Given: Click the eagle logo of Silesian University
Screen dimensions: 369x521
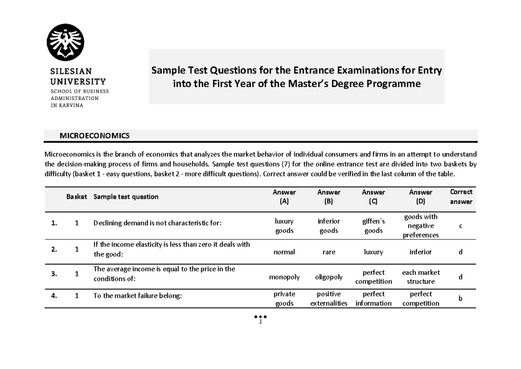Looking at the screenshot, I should pos(66,43).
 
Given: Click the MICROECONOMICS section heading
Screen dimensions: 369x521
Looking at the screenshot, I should pos(94,136).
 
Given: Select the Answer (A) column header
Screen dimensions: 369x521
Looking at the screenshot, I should pos(284,196).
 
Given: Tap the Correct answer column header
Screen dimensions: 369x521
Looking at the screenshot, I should pos(461,196).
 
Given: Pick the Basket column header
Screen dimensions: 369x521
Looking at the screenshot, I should pos(76,196).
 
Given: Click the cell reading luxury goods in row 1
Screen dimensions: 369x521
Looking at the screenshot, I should pos(284,226).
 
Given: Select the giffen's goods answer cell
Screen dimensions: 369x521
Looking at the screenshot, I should pos(373,226).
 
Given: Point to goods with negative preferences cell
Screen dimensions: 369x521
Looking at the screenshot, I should pos(420,226).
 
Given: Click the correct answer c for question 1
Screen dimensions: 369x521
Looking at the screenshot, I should pos(461,225).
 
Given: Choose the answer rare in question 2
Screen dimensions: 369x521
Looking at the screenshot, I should pos(329,252).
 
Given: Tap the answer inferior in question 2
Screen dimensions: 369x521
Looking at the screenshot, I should pos(420,252).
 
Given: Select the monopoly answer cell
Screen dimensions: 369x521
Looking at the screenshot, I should pos(284,277).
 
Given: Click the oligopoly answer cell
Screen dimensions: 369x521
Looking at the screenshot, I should pos(329,277).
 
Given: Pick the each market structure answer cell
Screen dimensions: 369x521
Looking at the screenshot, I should pos(420,277).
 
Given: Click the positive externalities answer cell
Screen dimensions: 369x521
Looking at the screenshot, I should pos(329,299).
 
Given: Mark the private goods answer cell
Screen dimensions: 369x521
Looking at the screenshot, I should pos(284,299).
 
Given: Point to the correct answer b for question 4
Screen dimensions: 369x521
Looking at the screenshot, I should pos(461,299).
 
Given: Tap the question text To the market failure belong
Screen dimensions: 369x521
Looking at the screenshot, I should pos(136,296).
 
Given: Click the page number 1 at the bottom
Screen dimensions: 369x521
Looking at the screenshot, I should pos(260,322).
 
